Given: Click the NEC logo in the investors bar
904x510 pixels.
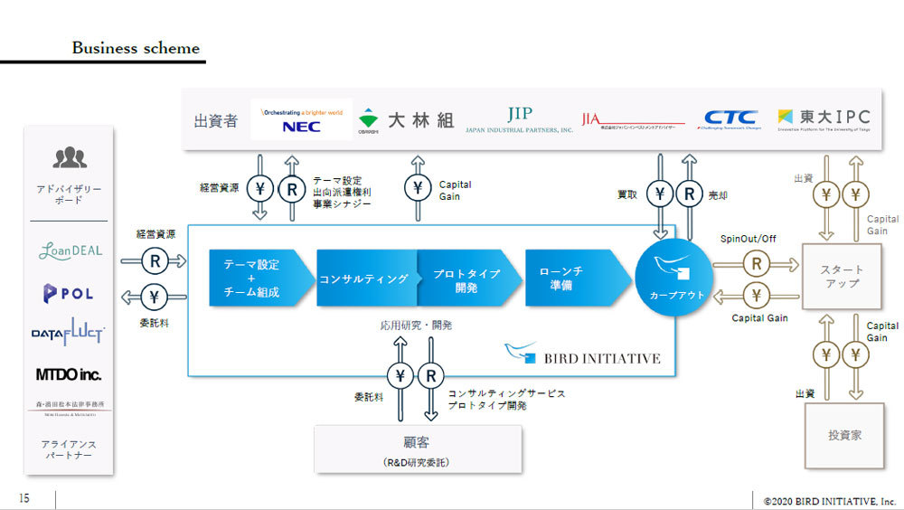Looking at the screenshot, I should [x=301, y=120].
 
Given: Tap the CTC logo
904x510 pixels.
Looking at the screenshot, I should [x=730, y=118].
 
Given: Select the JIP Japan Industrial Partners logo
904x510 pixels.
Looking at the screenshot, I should [x=519, y=119].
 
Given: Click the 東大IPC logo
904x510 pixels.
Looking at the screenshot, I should [x=824, y=118].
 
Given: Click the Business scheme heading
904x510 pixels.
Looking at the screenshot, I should [x=136, y=48].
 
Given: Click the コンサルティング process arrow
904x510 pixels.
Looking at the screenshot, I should [x=365, y=279].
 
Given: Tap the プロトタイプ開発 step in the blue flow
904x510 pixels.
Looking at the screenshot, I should [x=466, y=279].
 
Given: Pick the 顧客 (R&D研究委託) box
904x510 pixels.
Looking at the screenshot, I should [x=418, y=449].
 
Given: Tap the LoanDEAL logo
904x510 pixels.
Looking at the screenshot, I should [x=70, y=250].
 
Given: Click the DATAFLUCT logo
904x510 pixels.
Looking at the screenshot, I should [x=68, y=334].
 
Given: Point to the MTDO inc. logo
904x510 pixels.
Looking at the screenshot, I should [x=69, y=373].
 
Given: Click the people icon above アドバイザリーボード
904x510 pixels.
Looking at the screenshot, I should [x=70, y=159].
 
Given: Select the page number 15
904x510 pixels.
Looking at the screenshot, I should [x=24, y=498].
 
